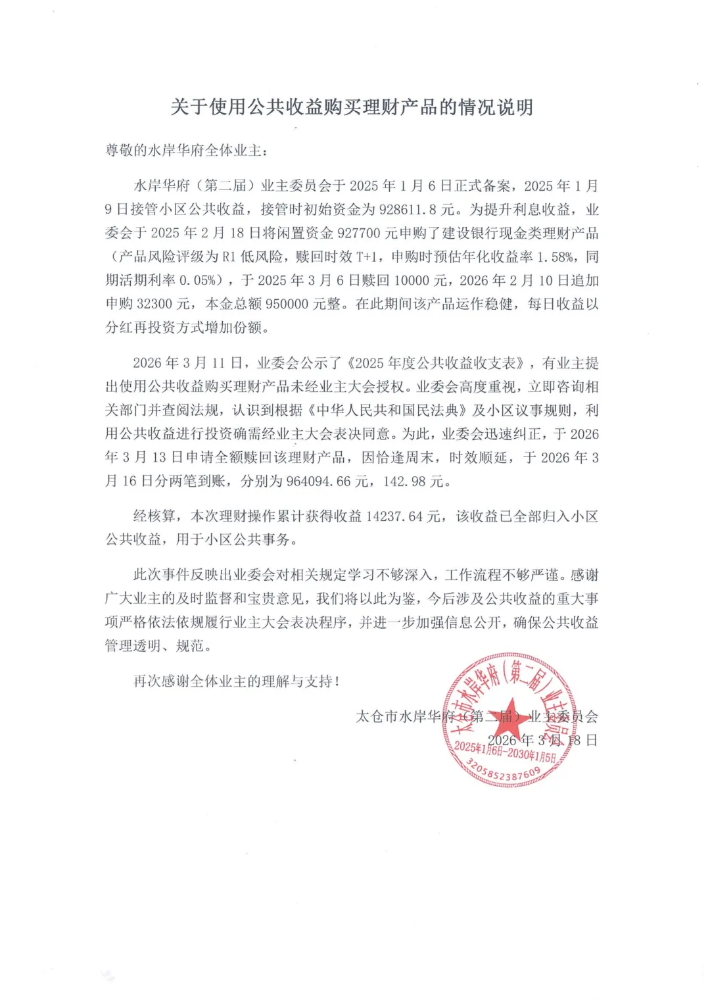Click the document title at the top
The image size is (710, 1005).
(352, 107)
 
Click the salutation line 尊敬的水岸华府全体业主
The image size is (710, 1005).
(187, 151)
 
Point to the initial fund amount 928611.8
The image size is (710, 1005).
(410, 210)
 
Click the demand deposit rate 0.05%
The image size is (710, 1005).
(197, 281)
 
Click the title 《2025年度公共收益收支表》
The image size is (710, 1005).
(437, 363)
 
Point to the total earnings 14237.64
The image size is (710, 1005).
(394, 517)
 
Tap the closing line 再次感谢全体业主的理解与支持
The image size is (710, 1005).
(236, 681)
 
